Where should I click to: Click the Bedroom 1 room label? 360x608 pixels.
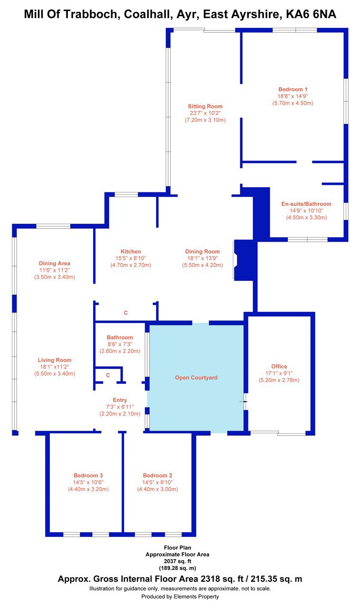tap(293, 89)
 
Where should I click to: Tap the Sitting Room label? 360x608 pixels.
tap(205, 106)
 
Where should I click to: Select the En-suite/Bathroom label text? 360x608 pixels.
tap(306, 204)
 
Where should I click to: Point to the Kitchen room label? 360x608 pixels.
tap(131, 251)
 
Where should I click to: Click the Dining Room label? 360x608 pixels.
tap(202, 251)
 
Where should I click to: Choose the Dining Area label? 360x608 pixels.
tap(54, 263)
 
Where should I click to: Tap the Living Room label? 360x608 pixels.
tap(54, 360)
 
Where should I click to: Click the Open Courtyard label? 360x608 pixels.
tap(196, 378)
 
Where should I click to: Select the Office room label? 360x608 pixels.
tap(279, 366)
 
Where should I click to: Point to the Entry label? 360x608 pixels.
tap(120, 400)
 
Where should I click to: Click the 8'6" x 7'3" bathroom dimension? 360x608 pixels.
tap(120, 344)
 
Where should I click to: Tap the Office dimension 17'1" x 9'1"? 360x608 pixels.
tap(279, 373)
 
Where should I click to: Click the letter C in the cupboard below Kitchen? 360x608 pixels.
tap(126, 313)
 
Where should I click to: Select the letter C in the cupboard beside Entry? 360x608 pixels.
tap(108, 375)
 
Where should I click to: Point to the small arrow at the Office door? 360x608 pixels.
tap(244, 401)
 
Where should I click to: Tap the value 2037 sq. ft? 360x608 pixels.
tap(177, 561)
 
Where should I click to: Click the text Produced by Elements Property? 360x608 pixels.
tap(180, 596)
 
